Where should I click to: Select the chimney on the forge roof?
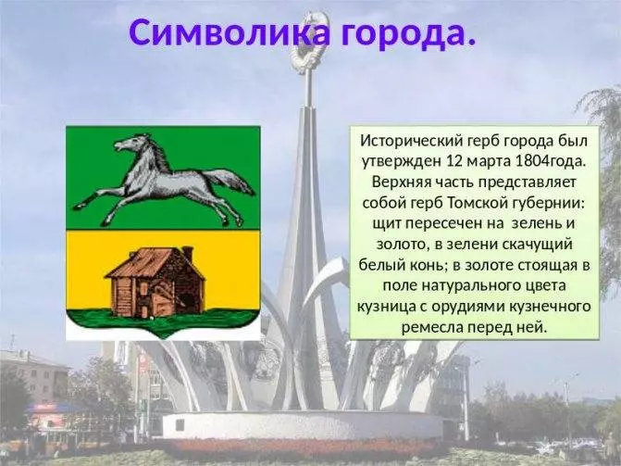pyautogui.click(x=187, y=254)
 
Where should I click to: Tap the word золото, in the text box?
pyautogui.click(x=402, y=245)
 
